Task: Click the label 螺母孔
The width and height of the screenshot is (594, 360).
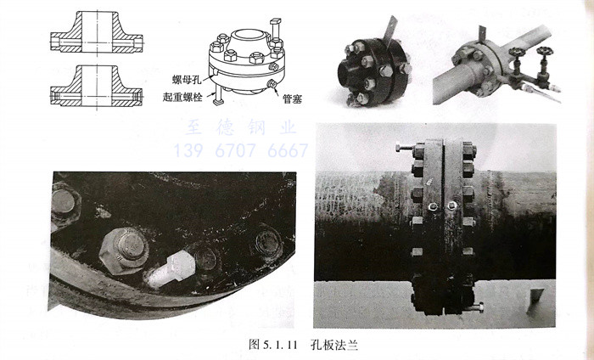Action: [x=187, y=80]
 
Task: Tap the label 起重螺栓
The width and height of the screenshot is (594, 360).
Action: [x=182, y=97]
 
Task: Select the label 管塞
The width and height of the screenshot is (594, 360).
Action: [x=292, y=99]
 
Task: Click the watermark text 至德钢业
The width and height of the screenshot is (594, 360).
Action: [x=241, y=127]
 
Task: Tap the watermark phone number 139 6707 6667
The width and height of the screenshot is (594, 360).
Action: [x=241, y=150]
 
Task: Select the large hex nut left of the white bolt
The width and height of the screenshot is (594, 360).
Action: [x=124, y=250]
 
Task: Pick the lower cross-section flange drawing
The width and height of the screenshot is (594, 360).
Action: [x=97, y=87]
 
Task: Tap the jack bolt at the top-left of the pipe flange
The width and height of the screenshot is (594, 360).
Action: [x=406, y=148]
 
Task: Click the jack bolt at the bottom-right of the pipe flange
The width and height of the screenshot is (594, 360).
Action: [x=474, y=307]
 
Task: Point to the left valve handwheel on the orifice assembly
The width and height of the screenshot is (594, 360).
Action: [x=515, y=52]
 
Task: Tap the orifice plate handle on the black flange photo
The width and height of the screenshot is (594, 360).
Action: [x=389, y=28]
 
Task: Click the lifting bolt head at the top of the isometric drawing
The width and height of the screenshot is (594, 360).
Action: [x=276, y=21]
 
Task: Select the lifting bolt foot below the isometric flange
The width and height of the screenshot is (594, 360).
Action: [x=218, y=102]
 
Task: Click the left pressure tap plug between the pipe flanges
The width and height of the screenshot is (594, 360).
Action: [x=433, y=206]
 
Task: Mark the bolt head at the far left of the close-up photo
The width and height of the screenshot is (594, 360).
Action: [x=64, y=204]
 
